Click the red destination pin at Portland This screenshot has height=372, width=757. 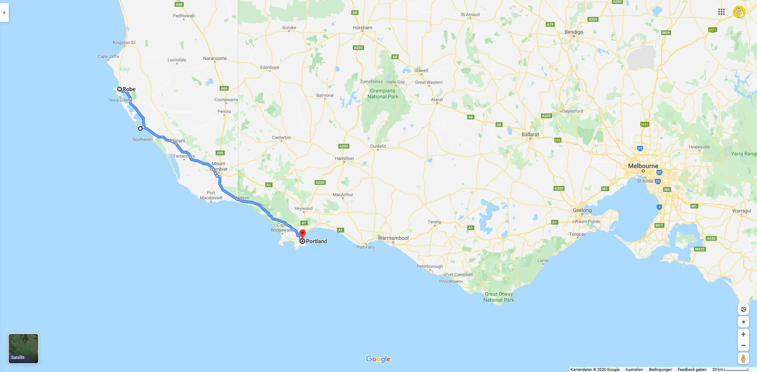[302, 234]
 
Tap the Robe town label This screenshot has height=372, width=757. [129, 89]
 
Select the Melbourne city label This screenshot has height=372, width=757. [643, 166]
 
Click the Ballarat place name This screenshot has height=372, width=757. [530, 134]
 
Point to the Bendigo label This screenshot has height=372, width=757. [574, 32]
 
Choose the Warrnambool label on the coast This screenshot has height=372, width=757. [393, 238]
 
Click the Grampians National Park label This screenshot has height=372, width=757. [382, 94]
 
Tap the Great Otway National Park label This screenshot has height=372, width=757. [499, 297]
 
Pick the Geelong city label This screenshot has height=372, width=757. [582, 210]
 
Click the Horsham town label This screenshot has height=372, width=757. [362, 28]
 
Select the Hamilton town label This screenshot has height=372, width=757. [344, 158]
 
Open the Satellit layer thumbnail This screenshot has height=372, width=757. [24, 348]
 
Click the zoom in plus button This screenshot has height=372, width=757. [743, 335]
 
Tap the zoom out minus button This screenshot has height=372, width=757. [743, 346]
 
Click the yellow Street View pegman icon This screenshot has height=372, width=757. [743, 359]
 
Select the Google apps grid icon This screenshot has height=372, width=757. [722, 12]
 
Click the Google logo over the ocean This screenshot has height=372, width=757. [378, 359]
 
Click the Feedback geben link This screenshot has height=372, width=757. [692, 369]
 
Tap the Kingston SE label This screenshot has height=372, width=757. [124, 43]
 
